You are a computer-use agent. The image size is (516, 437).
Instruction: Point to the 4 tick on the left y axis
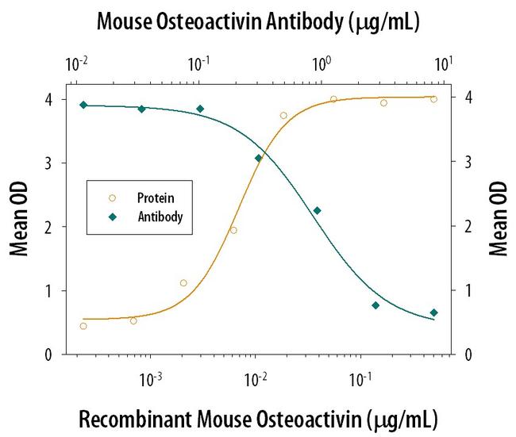49,99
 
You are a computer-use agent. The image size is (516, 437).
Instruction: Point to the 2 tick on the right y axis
468,227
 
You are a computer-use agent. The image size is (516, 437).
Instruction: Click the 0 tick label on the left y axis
49,355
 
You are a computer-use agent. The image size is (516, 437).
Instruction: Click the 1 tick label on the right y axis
468,291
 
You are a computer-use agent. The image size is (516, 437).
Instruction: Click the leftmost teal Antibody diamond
83,105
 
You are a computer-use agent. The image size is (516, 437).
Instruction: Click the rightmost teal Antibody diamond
433,312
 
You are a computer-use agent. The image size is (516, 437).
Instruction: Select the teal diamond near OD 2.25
317,210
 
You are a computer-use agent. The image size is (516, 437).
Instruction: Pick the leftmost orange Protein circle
83,326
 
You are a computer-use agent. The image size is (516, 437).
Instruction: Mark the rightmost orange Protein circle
433,99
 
